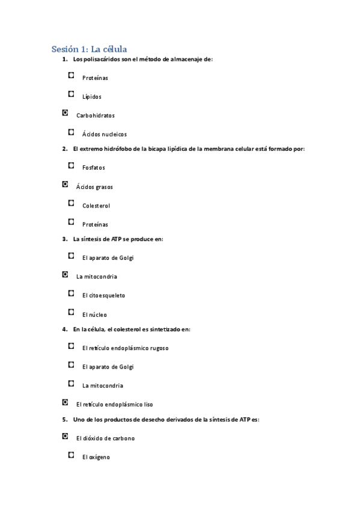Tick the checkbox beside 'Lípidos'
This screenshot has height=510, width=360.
tap(72, 94)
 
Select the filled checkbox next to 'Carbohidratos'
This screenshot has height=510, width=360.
tap(65, 113)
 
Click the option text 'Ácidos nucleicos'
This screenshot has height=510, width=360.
tap(105, 135)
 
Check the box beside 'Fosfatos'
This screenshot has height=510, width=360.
tap(72, 165)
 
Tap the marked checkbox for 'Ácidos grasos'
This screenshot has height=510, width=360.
tap(65, 185)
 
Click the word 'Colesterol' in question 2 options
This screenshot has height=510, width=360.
tap(96, 206)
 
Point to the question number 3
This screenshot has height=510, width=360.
tap(64, 239)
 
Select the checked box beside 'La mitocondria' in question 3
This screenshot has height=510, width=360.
tap(65, 274)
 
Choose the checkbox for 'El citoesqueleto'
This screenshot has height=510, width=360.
tap(72, 293)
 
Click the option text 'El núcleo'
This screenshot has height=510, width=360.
tap(95, 315)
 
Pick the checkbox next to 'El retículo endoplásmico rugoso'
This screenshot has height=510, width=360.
tap(72, 346)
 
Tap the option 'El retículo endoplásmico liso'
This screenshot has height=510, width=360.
tap(115, 405)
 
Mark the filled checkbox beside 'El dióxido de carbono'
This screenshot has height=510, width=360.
tap(65, 436)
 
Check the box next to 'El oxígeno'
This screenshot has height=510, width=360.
tap(72, 455)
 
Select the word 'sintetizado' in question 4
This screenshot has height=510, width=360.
tap(165, 329)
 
